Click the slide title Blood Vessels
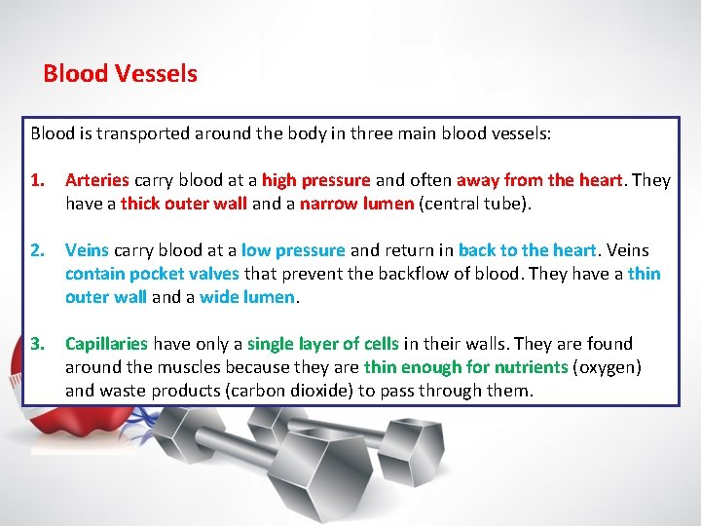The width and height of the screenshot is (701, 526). [120, 74]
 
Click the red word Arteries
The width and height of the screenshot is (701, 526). [96, 180]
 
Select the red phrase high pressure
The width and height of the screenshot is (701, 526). [315, 180]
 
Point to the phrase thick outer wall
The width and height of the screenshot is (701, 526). [184, 204]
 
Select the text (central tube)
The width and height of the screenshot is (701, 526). [470, 204]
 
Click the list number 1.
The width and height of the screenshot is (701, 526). [38, 180]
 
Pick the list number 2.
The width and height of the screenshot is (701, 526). [38, 250]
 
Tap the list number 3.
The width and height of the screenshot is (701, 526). [38, 344]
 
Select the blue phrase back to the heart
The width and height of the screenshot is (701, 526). [527, 250]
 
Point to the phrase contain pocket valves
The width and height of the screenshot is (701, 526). [153, 274]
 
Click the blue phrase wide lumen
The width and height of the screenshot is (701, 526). [246, 297]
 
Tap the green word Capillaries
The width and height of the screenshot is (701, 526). [106, 344]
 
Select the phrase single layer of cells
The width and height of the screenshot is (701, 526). [322, 344]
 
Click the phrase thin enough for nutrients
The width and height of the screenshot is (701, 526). [464, 367]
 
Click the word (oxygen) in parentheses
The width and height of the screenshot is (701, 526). [606, 367]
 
